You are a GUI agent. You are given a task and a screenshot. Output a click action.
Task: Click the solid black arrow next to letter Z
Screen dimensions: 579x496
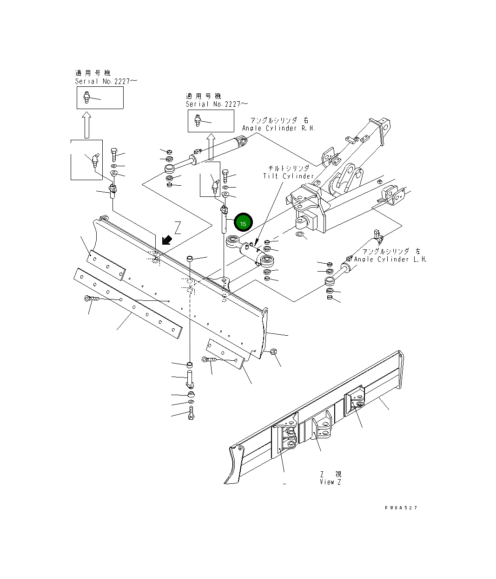click(x=165, y=240)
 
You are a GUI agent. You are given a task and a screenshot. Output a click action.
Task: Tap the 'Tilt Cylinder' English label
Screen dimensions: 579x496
click(x=288, y=176)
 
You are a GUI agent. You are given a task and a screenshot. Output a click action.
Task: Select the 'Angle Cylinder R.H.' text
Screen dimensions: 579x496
click(x=278, y=128)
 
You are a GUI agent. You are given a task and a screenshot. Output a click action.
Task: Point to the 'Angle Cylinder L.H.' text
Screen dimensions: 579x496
click(x=390, y=259)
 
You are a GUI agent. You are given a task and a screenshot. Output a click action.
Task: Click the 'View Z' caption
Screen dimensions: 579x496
click(x=330, y=482)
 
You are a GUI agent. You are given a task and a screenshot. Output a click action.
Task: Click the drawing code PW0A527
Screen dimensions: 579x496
click(x=401, y=507)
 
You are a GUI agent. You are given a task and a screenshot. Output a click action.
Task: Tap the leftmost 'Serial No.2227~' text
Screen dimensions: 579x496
click(x=106, y=81)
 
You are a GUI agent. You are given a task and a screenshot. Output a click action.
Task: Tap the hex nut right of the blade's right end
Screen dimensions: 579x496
click(x=273, y=351)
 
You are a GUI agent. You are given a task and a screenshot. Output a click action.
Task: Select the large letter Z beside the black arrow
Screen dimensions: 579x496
click(x=177, y=228)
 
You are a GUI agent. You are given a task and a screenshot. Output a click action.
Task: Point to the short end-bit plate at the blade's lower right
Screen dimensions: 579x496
click(x=225, y=353)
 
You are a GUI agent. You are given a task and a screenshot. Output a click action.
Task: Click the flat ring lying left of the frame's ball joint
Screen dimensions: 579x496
click(x=301, y=236)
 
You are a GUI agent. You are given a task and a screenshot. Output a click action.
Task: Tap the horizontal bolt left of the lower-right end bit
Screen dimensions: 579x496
click(x=209, y=359)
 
